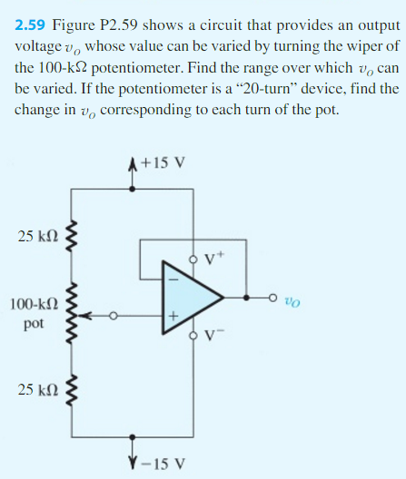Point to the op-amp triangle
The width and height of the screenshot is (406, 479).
tap(190, 295)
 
